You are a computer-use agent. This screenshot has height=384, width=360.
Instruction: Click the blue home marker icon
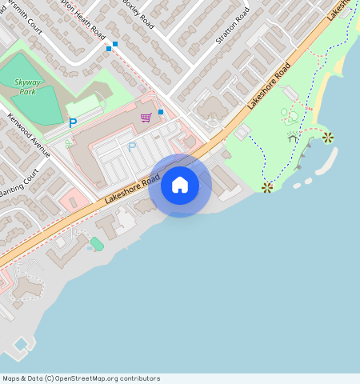[180, 186]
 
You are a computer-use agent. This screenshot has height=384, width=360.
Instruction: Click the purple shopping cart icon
[146, 118]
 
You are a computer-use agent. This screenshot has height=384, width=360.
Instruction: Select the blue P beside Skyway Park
[73, 123]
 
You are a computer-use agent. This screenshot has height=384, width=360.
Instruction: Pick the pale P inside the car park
[132, 147]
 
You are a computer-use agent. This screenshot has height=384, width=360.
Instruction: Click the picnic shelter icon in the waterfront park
[293, 138]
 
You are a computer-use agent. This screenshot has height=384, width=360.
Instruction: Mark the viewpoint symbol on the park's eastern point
[328, 138]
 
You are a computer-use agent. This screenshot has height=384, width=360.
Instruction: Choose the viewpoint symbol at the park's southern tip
[267, 187]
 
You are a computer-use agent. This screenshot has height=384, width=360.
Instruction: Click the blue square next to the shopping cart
[161, 111]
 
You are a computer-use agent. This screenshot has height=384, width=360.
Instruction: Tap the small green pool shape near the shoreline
[97, 243]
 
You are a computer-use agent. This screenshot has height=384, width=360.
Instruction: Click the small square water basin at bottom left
[21, 344]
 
